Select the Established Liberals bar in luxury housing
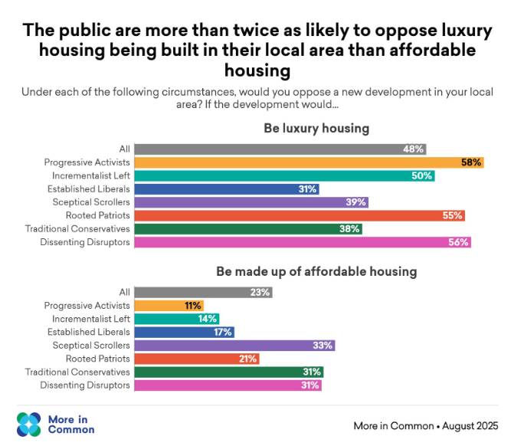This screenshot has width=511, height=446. (227, 189)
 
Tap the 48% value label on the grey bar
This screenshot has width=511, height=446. (414, 149)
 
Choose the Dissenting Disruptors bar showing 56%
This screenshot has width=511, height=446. (303, 243)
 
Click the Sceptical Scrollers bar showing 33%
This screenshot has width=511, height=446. (234, 346)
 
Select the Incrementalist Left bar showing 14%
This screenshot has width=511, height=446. (177, 319)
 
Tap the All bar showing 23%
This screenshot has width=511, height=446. (203, 292)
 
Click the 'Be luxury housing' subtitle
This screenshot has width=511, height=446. (316, 128)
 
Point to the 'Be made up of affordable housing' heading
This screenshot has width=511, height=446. (316, 271)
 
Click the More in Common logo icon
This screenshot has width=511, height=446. (29, 424)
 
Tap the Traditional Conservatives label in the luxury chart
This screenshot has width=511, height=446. (77, 229)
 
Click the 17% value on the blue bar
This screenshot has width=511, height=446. (223, 333)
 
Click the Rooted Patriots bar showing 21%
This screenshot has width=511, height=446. (198, 359)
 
